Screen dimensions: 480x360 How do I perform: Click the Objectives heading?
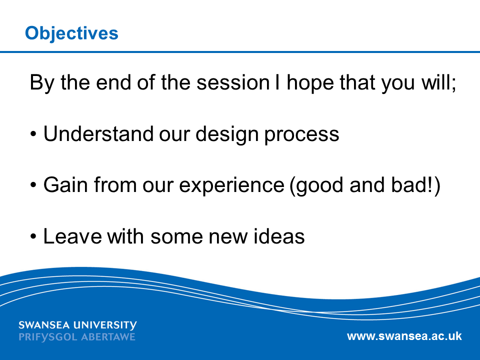[71, 33]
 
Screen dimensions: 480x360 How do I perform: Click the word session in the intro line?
[233, 82]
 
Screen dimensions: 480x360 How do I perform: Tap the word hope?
[310, 83]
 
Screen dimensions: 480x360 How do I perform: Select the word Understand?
[98, 134]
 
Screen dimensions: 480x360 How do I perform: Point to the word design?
[227, 134]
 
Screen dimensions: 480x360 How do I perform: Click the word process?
[302, 136]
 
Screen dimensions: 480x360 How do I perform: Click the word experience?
[231, 186]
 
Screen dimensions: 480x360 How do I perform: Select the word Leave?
[72, 236]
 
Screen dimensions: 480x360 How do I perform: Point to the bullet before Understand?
[33, 134]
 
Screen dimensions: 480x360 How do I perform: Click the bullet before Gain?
[33, 185]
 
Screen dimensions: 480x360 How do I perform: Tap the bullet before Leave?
[33, 236]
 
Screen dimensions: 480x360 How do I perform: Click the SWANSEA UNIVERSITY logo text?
[78, 325]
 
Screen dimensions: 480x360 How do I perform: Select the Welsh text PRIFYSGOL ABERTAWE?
[77, 337]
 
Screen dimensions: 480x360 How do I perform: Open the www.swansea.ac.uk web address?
[404, 336]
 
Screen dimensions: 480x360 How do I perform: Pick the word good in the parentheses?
[316, 186]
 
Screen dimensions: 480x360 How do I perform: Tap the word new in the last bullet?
[228, 237]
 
